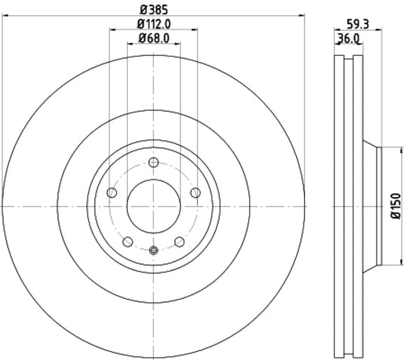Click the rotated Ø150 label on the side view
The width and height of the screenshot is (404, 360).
tap(394, 205)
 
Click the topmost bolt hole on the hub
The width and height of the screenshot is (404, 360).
tap(153, 163)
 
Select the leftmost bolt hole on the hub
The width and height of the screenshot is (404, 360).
tap(113, 193)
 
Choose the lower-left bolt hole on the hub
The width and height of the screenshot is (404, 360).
tap(128, 242)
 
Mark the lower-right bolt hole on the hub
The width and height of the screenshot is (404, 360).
tap(179, 242)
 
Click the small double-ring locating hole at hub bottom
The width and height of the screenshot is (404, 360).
tap(153, 251)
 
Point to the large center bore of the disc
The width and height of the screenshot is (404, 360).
tap(153, 206)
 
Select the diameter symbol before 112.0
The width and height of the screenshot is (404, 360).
tap(140, 24)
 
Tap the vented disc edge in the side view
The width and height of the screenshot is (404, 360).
tap(347, 205)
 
